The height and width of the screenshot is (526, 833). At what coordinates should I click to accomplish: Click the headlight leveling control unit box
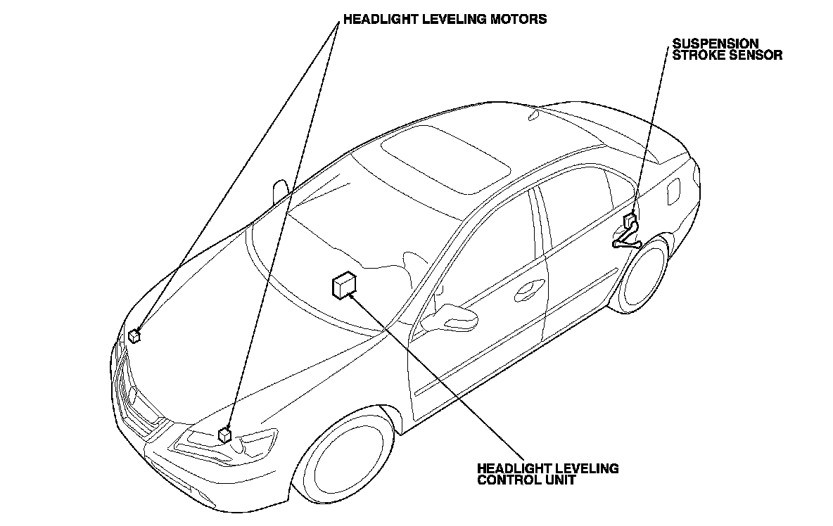pyautogui.click(x=343, y=285)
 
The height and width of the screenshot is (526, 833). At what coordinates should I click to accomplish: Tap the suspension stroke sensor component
pyautogui.click(x=629, y=222)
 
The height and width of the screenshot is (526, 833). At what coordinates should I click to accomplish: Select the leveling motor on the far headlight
pyautogui.click(x=134, y=335)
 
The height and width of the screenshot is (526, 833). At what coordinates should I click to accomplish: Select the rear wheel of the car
pyautogui.click(x=642, y=276)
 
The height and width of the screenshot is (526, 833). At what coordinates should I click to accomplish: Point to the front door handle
pyautogui.click(x=530, y=286)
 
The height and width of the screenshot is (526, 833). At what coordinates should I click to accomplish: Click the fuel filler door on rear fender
pyautogui.click(x=673, y=191)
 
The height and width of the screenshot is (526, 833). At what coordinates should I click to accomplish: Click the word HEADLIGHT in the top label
pyautogui.click(x=379, y=20)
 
